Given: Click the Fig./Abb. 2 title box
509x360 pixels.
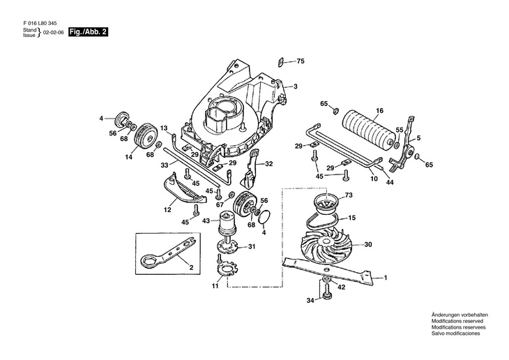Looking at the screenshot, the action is (88, 32).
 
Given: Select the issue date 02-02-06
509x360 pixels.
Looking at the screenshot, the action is (53, 33).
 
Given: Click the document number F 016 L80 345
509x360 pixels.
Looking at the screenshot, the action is (40, 24).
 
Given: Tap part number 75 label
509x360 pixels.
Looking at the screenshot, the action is (301, 61).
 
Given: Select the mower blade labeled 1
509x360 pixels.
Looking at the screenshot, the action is (327, 270).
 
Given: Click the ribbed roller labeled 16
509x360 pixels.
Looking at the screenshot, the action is (369, 130).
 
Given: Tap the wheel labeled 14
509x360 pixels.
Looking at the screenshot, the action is (146, 136).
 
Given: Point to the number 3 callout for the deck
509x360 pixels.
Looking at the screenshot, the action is (296, 87).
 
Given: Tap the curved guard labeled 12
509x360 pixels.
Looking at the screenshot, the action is (183, 190).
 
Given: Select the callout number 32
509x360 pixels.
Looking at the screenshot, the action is (268, 164).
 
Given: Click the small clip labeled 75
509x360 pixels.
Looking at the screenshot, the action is (282, 62).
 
